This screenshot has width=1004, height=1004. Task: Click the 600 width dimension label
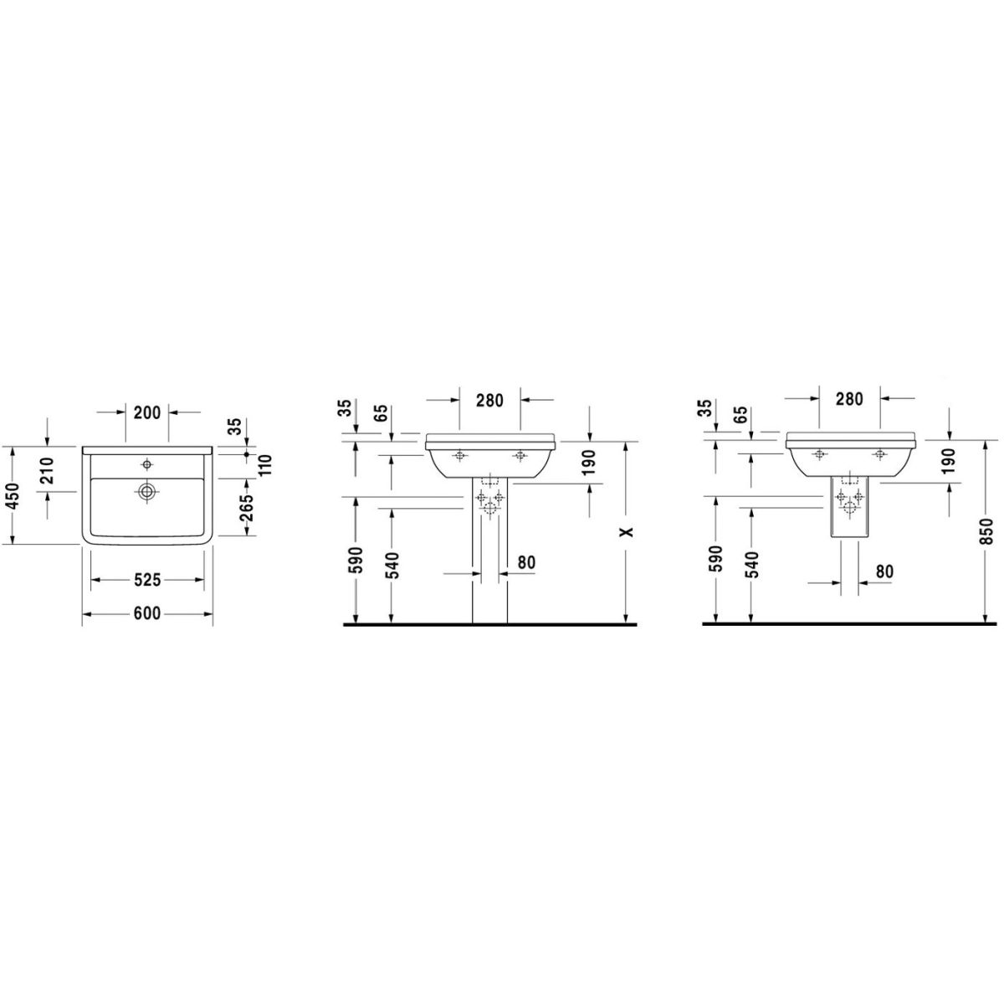147,613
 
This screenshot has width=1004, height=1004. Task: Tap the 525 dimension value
147,580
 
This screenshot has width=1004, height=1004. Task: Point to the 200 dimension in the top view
147,412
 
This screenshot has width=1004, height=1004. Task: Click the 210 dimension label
48,470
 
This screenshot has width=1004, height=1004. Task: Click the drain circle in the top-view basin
147,490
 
